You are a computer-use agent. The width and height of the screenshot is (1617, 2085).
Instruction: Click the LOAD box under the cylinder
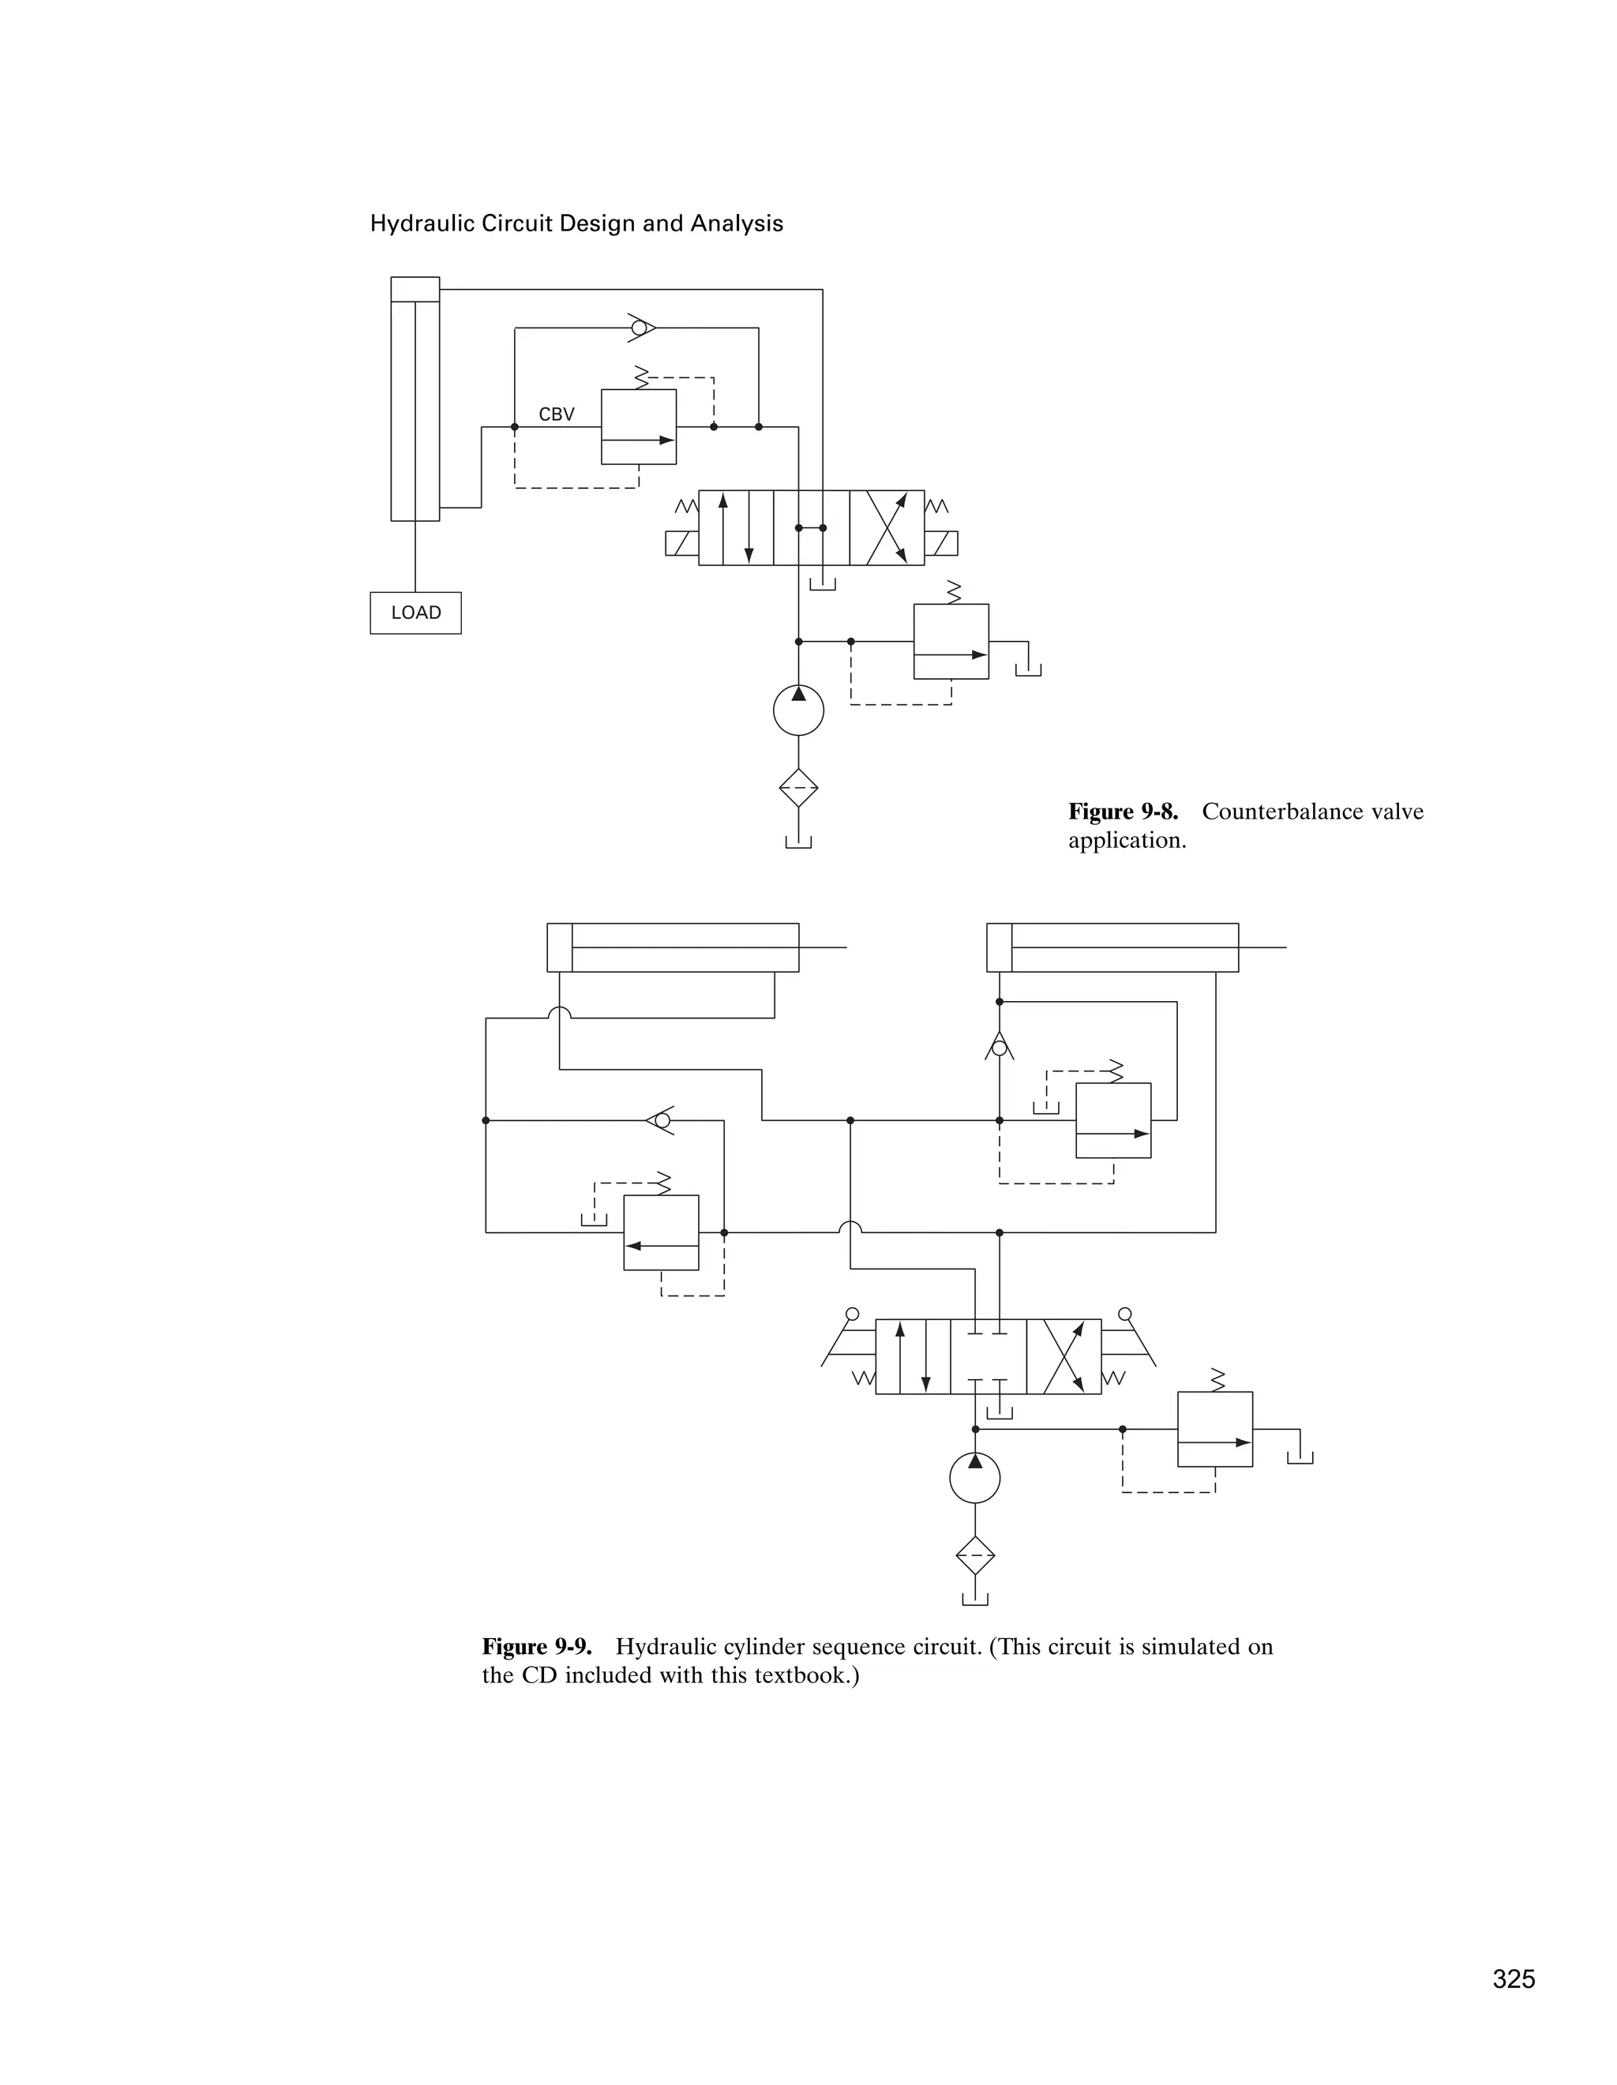(x=415, y=613)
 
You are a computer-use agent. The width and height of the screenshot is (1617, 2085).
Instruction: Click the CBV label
(x=557, y=414)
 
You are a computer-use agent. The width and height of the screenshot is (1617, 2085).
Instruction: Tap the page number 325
(x=1514, y=1980)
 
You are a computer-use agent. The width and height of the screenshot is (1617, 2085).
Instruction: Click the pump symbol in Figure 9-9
(x=974, y=1479)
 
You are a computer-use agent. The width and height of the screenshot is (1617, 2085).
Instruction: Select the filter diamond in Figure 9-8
(x=798, y=788)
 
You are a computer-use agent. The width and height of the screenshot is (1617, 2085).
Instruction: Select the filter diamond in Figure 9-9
(x=974, y=1556)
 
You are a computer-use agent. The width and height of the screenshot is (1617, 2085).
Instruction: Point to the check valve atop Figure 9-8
(x=640, y=328)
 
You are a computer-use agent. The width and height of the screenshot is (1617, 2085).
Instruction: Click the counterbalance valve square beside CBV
(x=639, y=427)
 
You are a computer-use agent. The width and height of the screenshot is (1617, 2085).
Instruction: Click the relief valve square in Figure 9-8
(x=951, y=642)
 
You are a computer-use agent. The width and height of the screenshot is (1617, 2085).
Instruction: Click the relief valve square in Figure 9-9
(x=1214, y=1429)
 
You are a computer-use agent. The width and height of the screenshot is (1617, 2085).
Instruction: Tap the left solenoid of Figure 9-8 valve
(x=681, y=543)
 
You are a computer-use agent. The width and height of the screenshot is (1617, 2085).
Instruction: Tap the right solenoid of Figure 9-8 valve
(x=941, y=543)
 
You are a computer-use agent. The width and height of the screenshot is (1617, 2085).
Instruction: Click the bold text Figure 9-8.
(x=1123, y=812)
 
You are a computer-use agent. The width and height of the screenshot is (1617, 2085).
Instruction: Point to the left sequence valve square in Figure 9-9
(x=661, y=1232)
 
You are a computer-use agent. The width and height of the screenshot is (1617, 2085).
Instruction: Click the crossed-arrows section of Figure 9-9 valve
(x=1064, y=1356)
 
